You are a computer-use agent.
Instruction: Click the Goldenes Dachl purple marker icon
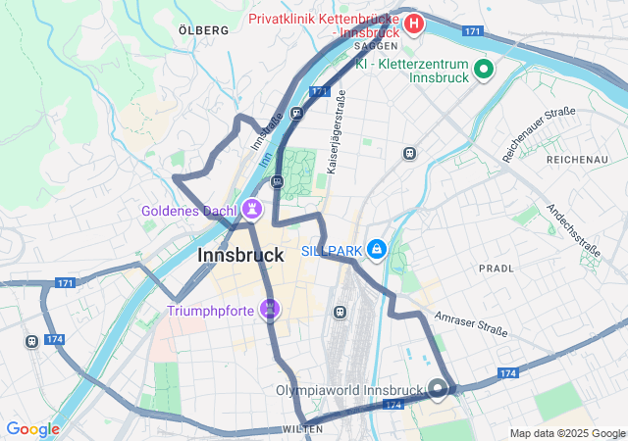click(x=253, y=209)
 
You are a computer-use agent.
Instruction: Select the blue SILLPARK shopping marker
click(x=375, y=251)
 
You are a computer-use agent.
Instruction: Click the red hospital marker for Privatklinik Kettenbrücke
click(x=414, y=22)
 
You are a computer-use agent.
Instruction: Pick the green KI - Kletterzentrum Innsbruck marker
click(x=483, y=69)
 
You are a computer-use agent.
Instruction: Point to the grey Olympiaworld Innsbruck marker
click(x=438, y=389)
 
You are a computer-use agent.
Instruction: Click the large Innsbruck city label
click(x=240, y=255)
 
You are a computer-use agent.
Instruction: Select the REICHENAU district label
click(x=578, y=159)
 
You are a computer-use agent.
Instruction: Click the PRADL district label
click(x=496, y=268)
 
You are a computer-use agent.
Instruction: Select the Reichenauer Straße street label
click(x=539, y=135)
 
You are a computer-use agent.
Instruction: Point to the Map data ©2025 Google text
click(x=566, y=433)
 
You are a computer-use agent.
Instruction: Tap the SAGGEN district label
click(x=376, y=45)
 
